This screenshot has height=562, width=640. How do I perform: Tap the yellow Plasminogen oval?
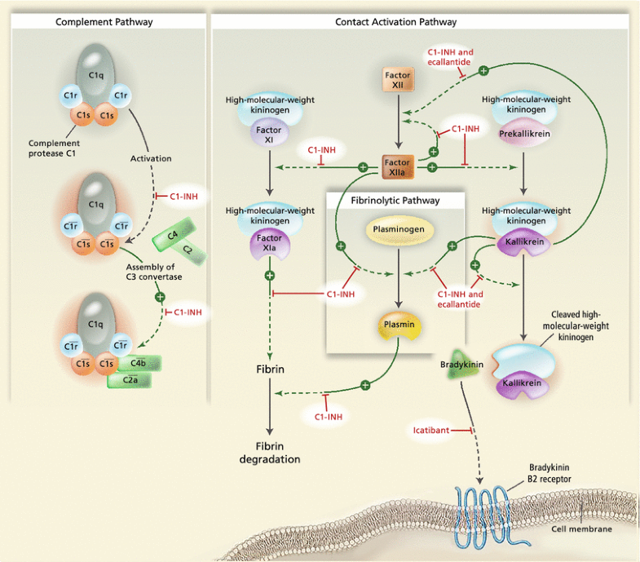395,231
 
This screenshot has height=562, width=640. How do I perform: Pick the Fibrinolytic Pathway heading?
395,200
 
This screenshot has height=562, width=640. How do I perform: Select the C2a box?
129,378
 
